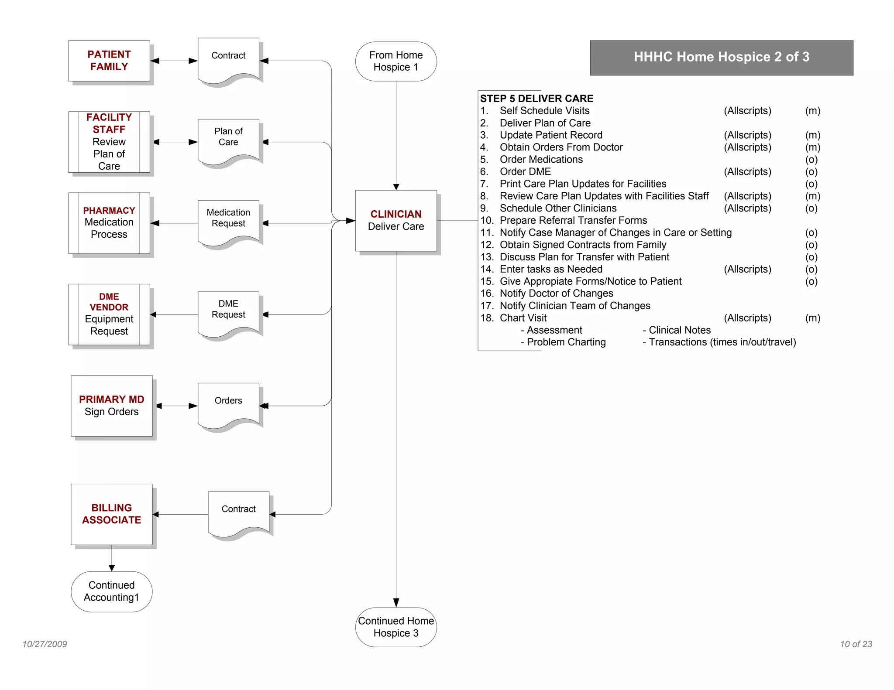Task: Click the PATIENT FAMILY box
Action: [x=109, y=61]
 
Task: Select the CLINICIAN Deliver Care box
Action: [x=395, y=220]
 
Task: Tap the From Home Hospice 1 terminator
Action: [x=395, y=61]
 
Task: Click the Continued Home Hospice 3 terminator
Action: [x=395, y=627]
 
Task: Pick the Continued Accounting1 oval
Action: [x=111, y=591]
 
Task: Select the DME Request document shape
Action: [x=228, y=313]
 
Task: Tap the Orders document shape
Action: [x=228, y=403]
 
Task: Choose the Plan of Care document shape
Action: [x=228, y=140]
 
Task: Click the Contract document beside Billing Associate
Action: [x=238, y=512]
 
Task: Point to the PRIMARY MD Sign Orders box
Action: [x=111, y=405]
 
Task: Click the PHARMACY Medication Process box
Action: [x=109, y=222]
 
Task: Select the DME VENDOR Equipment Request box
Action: [x=109, y=314]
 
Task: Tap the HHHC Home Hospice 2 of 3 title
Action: [x=721, y=57]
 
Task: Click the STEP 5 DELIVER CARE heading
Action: [x=536, y=99]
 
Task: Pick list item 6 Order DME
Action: [x=525, y=171]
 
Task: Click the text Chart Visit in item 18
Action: [x=523, y=318]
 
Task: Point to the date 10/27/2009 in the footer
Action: [x=45, y=644]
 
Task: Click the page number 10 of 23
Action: [x=856, y=644]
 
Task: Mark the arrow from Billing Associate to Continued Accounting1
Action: [x=111, y=558]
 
